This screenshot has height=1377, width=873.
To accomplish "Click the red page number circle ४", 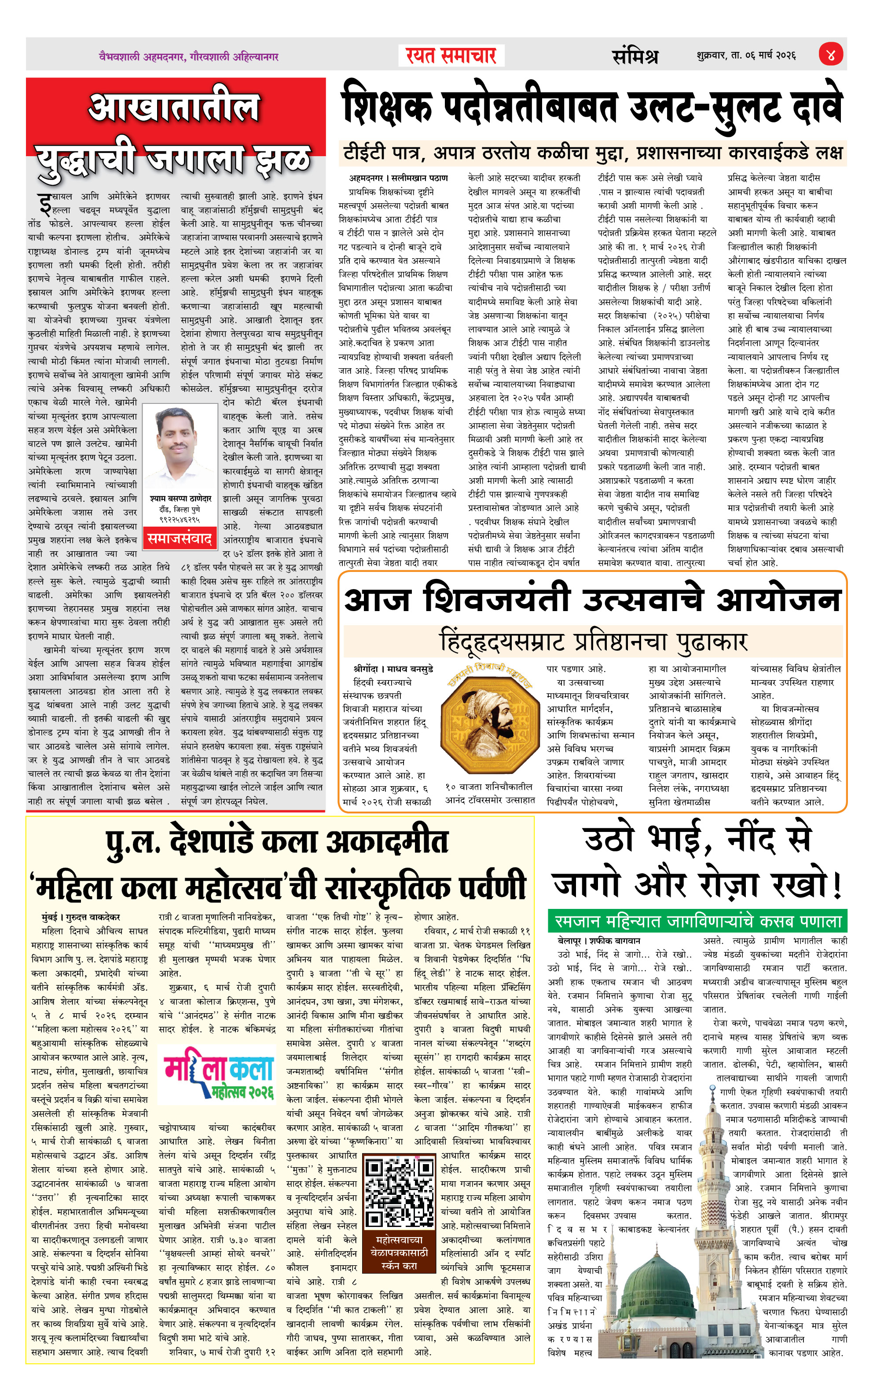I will (x=831, y=55).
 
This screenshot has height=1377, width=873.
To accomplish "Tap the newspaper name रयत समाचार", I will (x=451, y=55).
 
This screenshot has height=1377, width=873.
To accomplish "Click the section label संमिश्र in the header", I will (x=635, y=56).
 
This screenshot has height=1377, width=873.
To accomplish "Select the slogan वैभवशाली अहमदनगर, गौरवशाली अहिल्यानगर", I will (x=188, y=57).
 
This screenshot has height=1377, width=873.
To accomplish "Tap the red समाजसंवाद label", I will (x=180, y=538).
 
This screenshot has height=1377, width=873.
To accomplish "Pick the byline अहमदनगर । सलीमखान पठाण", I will (x=399, y=178).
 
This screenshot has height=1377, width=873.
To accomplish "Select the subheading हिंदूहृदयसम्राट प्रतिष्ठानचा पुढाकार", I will (x=593, y=641).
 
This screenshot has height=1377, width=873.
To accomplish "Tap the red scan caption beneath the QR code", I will (x=399, y=1252).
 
